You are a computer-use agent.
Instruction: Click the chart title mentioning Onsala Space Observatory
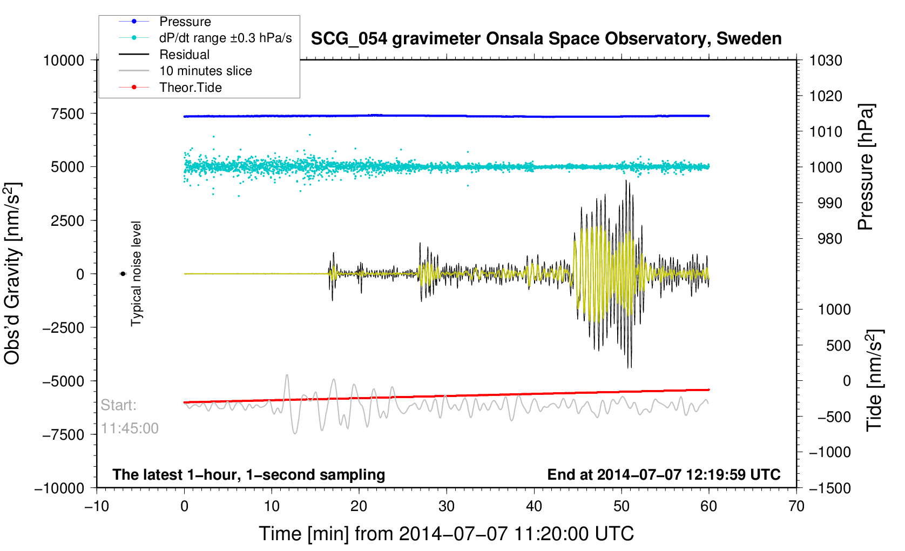(546, 39)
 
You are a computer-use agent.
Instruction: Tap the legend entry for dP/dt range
(205, 38)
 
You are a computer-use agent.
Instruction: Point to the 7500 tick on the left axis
(67, 114)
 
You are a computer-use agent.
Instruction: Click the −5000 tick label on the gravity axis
(63, 381)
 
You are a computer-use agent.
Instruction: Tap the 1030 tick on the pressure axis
(826, 61)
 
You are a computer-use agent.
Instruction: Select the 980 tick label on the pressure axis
(830, 239)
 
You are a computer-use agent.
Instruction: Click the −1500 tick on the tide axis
(830, 488)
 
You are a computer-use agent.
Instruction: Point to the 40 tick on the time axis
(534, 506)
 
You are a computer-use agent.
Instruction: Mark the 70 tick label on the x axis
(796, 506)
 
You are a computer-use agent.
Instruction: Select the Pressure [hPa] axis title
(866, 167)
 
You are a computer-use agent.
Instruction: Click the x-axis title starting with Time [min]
(447, 534)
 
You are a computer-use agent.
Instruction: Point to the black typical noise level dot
(123, 274)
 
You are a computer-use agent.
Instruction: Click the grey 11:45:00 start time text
(130, 428)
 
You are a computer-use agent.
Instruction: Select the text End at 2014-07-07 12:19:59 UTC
(664, 475)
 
